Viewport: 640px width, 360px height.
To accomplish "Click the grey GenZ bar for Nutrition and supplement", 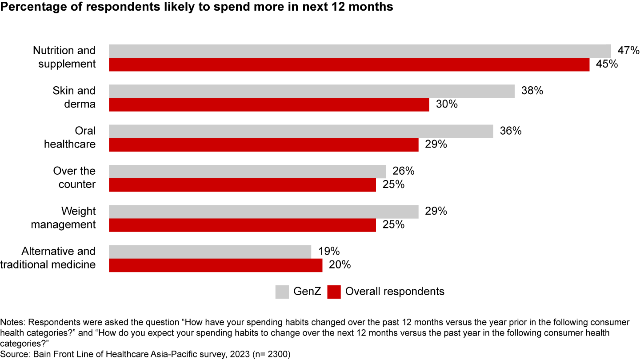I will (360, 51).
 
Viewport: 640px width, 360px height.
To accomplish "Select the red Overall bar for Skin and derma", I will (269, 104).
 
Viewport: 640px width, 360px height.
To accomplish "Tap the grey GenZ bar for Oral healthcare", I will (301, 131).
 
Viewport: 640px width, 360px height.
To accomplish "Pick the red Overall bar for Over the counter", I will (242, 185).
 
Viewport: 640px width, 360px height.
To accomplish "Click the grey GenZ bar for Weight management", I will (264, 212).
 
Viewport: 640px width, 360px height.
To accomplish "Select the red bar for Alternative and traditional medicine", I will (216, 265).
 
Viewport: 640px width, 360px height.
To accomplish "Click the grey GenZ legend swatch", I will (282, 292).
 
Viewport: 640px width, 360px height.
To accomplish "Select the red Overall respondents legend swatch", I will (334, 292).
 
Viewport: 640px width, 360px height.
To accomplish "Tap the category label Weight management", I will (63, 218).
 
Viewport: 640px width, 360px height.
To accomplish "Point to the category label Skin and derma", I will (74, 97).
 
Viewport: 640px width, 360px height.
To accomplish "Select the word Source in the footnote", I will (12, 354).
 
